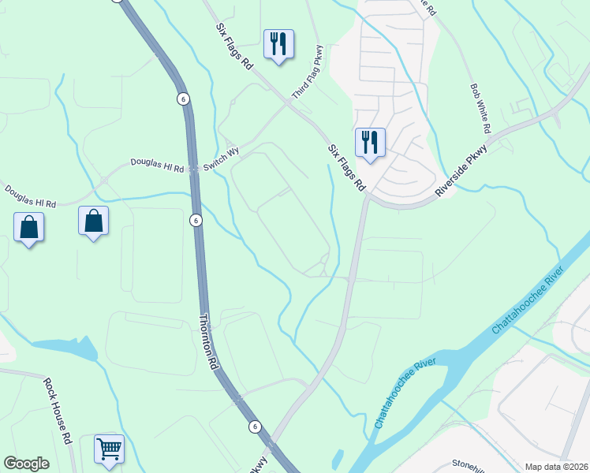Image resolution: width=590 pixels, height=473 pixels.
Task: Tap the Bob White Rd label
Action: click(480, 108)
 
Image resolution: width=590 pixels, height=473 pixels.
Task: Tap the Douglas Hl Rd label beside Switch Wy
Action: click(156, 166)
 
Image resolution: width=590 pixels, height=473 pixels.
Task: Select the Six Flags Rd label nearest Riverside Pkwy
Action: click(347, 167)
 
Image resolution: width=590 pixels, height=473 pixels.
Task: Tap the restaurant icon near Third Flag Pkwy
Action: click(278, 44)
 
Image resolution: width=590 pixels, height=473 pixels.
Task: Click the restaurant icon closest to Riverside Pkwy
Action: click(369, 143)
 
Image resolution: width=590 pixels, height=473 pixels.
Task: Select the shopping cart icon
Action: click(109, 449)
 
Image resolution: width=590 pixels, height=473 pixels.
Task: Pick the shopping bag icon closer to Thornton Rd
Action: click(93, 222)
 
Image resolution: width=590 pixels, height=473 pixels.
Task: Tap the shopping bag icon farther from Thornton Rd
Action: click(28, 227)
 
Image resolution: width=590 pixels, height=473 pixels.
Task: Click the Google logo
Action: click(27, 464)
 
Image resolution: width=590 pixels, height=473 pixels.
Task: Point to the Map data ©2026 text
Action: click(556, 467)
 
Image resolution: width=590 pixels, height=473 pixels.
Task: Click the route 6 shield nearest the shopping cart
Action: click(255, 426)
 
